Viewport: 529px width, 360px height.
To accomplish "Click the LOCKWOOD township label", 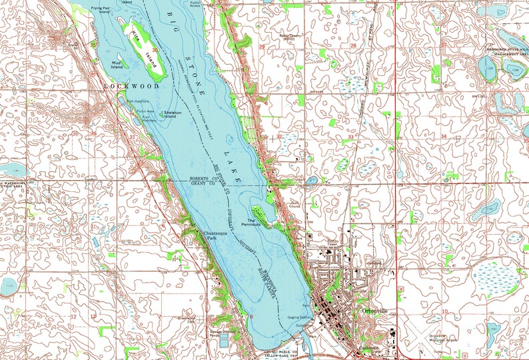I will pyautogui.click(x=131, y=87).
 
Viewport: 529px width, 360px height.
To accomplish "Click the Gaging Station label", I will pyautogui.click(x=298, y=319).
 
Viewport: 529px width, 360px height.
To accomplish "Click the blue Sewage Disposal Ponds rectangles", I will pyautogui.click(x=225, y=340).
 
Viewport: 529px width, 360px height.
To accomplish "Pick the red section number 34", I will pyautogui.click(x=443, y=136).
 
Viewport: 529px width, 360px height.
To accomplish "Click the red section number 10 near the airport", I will pyautogui.click(x=443, y=311).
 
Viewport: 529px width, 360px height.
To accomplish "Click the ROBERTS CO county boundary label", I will pyautogui.click(x=206, y=179).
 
